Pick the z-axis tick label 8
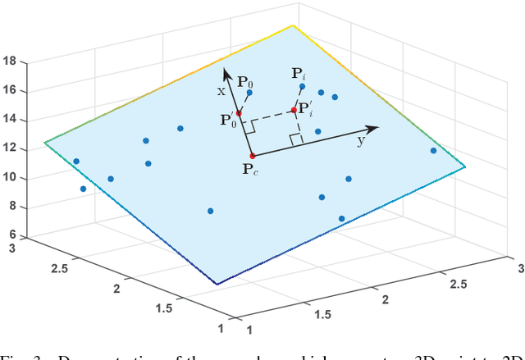click(12, 207)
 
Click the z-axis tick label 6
click(12, 236)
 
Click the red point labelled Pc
click(252, 156)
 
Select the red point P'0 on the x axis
click(239, 113)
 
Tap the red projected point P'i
click(293, 110)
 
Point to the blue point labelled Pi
click(303, 86)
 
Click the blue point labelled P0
click(249, 93)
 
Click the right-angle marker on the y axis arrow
click(297, 139)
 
